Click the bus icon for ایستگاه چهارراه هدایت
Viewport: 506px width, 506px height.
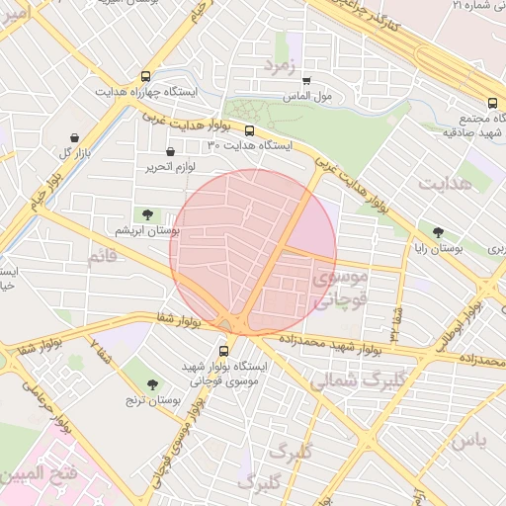tap(146, 76)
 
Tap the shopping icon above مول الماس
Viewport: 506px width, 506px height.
tap(306, 81)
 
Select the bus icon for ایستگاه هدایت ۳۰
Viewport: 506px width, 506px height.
tap(249, 129)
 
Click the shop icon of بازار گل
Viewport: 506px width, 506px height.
tap(74, 137)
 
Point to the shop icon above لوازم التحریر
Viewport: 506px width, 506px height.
tap(172, 152)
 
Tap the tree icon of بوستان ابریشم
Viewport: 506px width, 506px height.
tap(147, 213)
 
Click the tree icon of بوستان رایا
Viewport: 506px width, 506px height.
tap(438, 233)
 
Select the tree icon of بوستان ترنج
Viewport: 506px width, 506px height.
tap(151, 384)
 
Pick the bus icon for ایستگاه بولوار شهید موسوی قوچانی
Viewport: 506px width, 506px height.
tap(222, 349)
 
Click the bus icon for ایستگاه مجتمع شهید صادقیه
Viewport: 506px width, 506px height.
tap(492, 102)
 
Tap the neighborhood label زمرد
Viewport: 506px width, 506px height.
tap(280, 65)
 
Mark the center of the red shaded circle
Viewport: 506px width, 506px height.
tap(253, 251)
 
